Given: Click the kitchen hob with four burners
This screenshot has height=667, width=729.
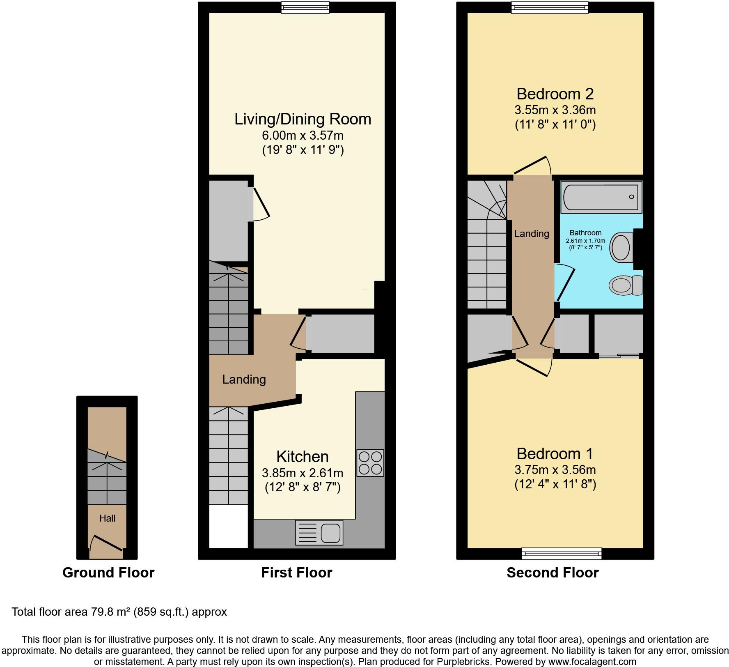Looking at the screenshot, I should click(x=370, y=463).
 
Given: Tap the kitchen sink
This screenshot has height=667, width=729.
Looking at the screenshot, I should click(x=319, y=533).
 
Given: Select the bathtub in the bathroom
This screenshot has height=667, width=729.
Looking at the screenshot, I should click(x=601, y=197).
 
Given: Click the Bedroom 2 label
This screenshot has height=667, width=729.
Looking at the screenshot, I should click(x=555, y=94).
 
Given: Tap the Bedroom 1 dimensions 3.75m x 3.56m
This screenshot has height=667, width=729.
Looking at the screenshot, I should click(x=555, y=469).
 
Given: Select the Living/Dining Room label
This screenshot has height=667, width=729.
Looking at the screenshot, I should click(x=303, y=119).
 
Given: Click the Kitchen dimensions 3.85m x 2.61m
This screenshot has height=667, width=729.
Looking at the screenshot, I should click(x=303, y=473).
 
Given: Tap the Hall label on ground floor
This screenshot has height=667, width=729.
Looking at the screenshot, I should click(x=107, y=518).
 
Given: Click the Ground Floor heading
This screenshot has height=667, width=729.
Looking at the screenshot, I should click(x=108, y=573).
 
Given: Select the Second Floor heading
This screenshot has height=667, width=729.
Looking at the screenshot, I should click(x=552, y=573).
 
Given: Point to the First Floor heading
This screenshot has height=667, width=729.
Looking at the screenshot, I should click(x=296, y=573).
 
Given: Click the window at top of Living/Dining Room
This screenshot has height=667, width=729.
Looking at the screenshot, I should click(x=305, y=7).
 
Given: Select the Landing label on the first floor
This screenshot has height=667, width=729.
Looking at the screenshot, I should click(x=244, y=379).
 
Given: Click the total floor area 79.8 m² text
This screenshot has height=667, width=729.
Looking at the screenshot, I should click(x=119, y=612).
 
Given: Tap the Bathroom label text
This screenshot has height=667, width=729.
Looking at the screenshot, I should click(x=586, y=233).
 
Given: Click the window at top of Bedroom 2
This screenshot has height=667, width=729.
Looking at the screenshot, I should click(x=550, y=7).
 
